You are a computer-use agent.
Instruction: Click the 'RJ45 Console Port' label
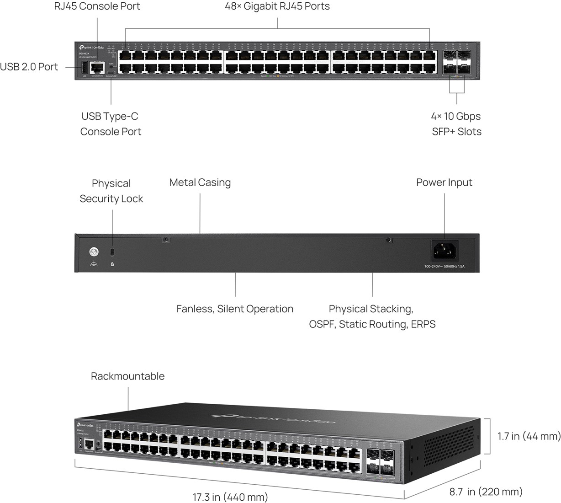click(x=97, y=6)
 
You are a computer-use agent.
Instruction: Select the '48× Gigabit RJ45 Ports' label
click(x=277, y=6)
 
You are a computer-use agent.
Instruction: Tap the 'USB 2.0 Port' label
click(x=29, y=67)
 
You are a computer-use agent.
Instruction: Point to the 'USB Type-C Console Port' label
click(x=111, y=124)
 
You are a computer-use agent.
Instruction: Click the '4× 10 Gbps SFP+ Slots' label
click(x=456, y=124)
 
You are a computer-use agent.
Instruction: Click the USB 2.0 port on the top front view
click(x=85, y=68)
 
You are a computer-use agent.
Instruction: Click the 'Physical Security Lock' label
click(x=111, y=191)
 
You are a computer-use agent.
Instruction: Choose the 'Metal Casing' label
click(x=200, y=182)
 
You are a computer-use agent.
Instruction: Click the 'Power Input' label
click(x=444, y=182)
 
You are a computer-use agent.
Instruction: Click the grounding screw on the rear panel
click(x=94, y=251)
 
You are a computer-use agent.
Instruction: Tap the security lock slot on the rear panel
click(x=112, y=252)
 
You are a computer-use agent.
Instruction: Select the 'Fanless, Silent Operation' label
click(x=235, y=309)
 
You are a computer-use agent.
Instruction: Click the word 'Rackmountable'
click(x=127, y=376)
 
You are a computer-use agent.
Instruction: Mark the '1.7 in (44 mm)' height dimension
click(x=529, y=436)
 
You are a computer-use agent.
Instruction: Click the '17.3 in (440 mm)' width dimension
click(x=230, y=497)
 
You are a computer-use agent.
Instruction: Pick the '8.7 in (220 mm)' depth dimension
click(x=486, y=492)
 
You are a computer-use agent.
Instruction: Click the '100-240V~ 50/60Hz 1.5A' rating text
click(x=444, y=266)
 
